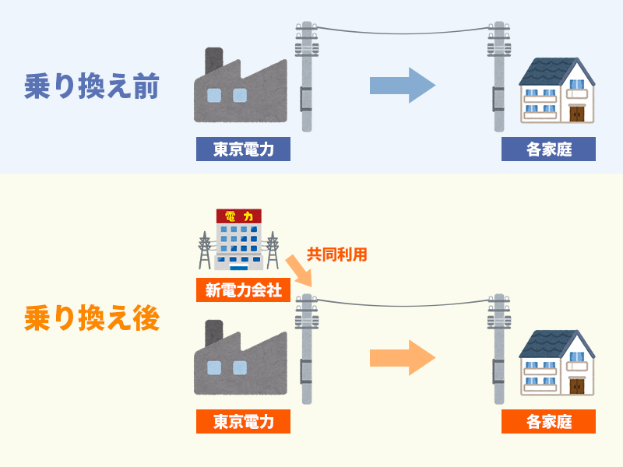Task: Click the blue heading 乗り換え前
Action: click(92, 87)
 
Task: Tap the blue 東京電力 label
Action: click(243, 149)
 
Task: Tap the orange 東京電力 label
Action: click(243, 422)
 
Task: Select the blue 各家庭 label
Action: click(548, 149)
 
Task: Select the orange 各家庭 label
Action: click(548, 422)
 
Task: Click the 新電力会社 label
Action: click(243, 291)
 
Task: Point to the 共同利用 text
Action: click(336, 254)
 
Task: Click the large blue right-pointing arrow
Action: click(402, 86)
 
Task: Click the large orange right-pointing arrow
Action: click(402, 358)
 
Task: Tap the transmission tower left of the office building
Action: click(205, 249)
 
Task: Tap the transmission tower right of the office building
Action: click(273, 249)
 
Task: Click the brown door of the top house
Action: click(576, 114)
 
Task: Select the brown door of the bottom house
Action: click(576, 385)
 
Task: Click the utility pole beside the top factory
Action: click(306, 78)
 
